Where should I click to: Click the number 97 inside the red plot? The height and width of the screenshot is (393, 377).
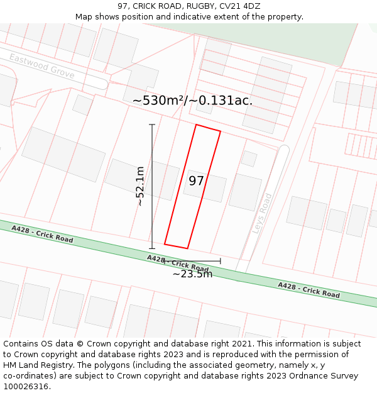click(196, 181)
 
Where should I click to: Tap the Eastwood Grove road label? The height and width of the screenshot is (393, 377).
click(41, 66)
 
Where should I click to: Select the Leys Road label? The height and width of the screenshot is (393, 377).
click(263, 214)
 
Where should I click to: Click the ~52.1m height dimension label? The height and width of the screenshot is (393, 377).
click(140, 186)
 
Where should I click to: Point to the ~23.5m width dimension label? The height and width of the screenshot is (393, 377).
click(192, 274)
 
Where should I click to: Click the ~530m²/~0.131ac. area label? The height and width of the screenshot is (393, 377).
click(192, 101)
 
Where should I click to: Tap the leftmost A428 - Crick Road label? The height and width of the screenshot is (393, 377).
click(42, 235)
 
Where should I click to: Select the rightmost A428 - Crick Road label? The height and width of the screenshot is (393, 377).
click(309, 290)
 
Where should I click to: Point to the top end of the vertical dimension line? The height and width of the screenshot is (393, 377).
click(152, 125)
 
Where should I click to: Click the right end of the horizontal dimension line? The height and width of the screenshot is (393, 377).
click(221, 261)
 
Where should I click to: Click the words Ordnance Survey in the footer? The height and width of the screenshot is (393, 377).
click(325, 375)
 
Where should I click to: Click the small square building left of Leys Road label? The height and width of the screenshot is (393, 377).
click(249, 158)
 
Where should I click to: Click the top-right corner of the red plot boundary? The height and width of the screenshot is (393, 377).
click(220, 131)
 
